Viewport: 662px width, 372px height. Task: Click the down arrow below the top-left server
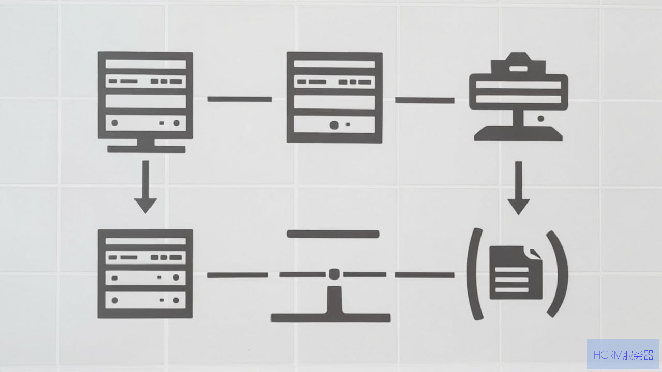tap(145, 187)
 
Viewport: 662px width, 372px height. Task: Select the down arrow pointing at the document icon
tap(518, 188)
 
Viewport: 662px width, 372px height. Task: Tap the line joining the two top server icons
tap(239, 99)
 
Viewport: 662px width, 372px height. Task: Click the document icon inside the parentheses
tap(516, 272)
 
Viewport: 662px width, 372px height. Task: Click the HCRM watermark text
tap(623, 355)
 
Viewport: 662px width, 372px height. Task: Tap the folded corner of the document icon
tap(535, 254)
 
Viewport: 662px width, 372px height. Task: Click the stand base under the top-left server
tap(146, 149)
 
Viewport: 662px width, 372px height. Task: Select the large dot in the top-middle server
tap(334, 125)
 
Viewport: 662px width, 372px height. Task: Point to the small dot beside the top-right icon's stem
tap(541, 119)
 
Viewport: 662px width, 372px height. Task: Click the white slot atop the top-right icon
tap(518, 69)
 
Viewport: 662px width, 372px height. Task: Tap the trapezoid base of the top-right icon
tap(518, 133)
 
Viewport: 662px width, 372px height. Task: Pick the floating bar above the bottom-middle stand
tap(333, 234)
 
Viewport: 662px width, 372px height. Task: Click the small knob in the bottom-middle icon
tap(334, 274)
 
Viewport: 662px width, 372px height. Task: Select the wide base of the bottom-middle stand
tap(330, 318)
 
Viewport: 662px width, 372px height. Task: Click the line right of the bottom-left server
tap(237, 275)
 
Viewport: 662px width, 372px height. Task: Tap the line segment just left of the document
tap(425, 275)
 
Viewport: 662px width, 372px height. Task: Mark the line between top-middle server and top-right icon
tap(425, 100)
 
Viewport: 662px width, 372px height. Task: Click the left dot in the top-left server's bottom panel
tap(115, 123)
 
